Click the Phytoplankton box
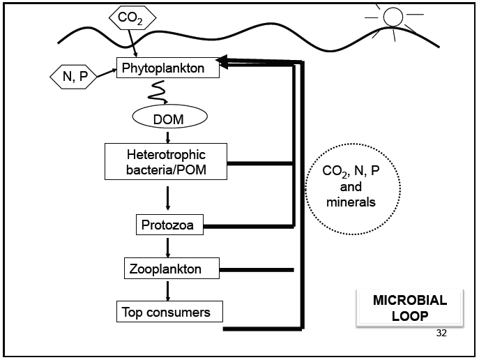(x=168, y=68)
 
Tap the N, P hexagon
(x=75, y=77)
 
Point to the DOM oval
(x=167, y=119)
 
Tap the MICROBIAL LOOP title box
(x=409, y=308)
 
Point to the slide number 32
(x=440, y=332)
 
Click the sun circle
(x=393, y=16)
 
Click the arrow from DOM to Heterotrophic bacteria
(x=167, y=137)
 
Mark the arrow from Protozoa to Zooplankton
(x=167, y=246)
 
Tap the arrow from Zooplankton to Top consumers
(x=167, y=289)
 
